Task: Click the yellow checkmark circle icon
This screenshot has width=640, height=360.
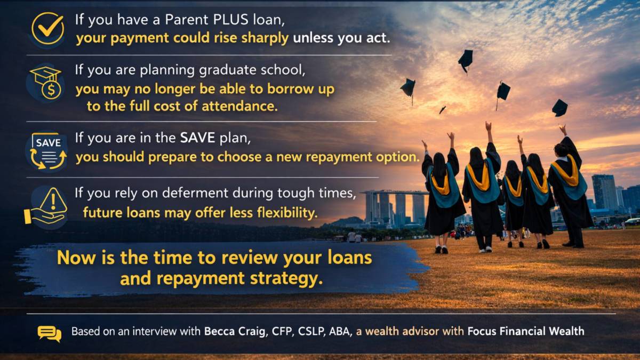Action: pyautogui.click(x=47, y=28)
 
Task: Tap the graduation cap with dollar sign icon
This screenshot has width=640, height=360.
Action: pyautogui.click(x=46, y=83)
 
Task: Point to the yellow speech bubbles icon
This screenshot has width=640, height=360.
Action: pyautogui.click(x=50, y=334)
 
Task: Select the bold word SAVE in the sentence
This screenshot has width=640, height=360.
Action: pyautogui.click(x=197, y=138)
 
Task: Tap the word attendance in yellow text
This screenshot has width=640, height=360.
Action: pyautogui.click(x=239, y=106)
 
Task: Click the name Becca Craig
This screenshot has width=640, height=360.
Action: pyautogui.click(x=235, y=331)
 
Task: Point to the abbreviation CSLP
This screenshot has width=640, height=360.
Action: pyautogui.click(x=311, y=331)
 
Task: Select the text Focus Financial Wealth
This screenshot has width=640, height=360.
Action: pyautogui.click(x=526, y=331)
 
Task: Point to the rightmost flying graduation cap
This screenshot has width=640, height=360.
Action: pyautogui.click(x=559, y=108)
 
